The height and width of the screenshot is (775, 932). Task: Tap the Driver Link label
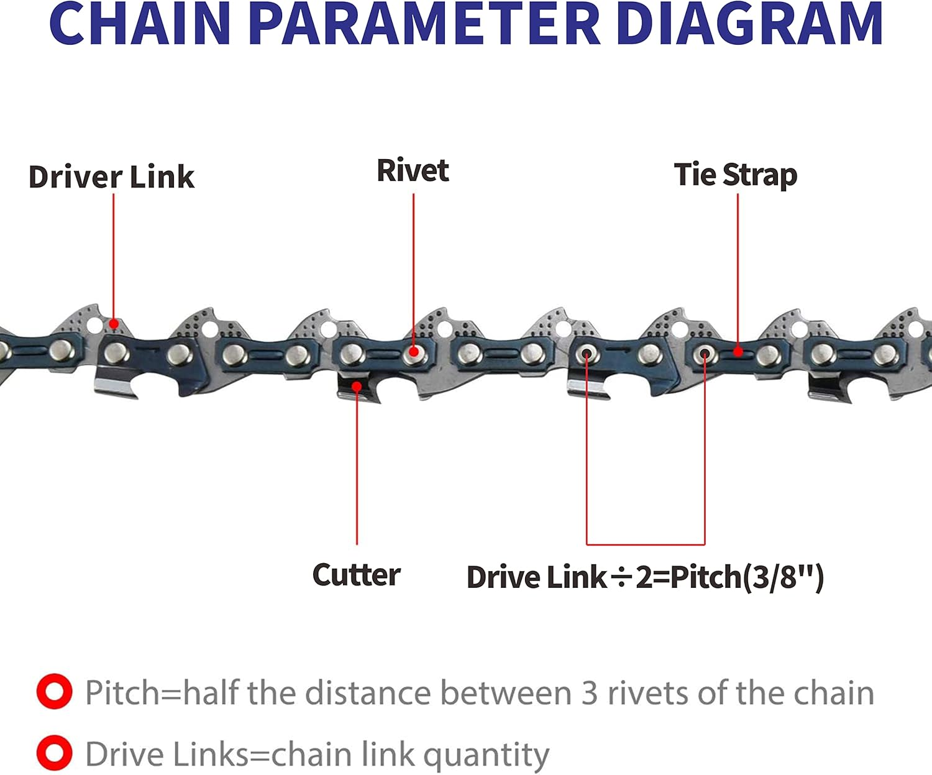[x=112, y=177]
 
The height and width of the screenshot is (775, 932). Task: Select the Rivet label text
[x=413, y=171]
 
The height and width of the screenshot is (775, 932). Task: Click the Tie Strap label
[x=736, y=175]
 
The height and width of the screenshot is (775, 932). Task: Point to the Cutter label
[x=356, y=575]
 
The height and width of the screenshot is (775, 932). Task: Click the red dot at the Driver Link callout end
[x=114, y=324]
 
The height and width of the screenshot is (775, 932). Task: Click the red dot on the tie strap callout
[x=738, y=352]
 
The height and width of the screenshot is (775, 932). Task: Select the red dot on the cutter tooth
[x=357, y=387]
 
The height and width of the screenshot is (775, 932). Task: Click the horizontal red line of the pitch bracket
[x=646, y=544]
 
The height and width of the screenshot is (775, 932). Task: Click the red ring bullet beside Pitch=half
[x=54, y=692]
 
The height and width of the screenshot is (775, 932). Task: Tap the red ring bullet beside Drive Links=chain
[x=54, y=753]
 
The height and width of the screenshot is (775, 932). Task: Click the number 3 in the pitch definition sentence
[x=590, y=693]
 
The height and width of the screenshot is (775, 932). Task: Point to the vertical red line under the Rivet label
[x=414, y=267]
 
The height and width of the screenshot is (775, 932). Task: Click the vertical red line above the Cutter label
[x=357, y=466]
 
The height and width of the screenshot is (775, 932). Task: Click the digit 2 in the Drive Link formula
[x=643, y=577]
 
